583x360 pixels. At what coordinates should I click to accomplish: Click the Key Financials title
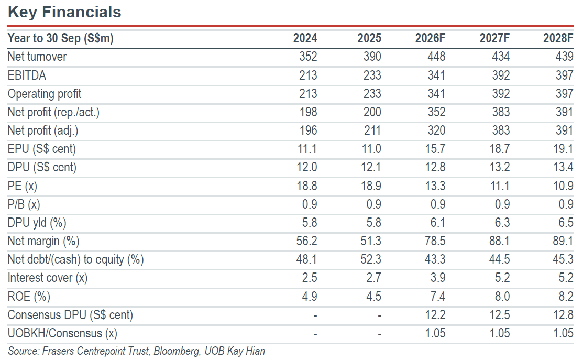[64, 12]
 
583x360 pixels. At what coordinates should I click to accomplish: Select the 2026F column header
[430, 38]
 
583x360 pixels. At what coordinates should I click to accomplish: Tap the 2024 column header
[305, 38]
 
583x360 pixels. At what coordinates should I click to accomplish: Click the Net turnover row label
[37, 57]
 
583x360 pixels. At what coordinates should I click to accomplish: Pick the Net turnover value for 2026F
[436, 57]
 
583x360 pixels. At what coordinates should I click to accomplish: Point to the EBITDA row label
[27, 75]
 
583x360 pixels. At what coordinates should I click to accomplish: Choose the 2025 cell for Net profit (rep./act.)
[372, 112]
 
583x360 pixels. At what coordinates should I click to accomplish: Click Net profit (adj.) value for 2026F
[436, 130]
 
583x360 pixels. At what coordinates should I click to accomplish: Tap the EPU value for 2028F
[563, 149]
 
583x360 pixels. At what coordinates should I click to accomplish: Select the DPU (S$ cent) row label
[42, 167]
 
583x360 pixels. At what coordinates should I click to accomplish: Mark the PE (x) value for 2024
[307, 186]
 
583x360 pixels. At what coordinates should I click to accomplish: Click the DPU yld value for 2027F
[502, 222]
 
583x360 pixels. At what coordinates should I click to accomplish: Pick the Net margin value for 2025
[371, 241]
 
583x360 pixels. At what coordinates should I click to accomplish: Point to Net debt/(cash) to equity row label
[76, 259]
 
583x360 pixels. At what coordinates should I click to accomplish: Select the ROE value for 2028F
[566, 296]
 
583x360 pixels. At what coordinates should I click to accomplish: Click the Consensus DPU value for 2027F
[499, 314]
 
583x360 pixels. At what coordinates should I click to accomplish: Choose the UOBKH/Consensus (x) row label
[62, 333]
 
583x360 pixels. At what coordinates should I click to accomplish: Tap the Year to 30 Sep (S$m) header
[61, 38]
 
